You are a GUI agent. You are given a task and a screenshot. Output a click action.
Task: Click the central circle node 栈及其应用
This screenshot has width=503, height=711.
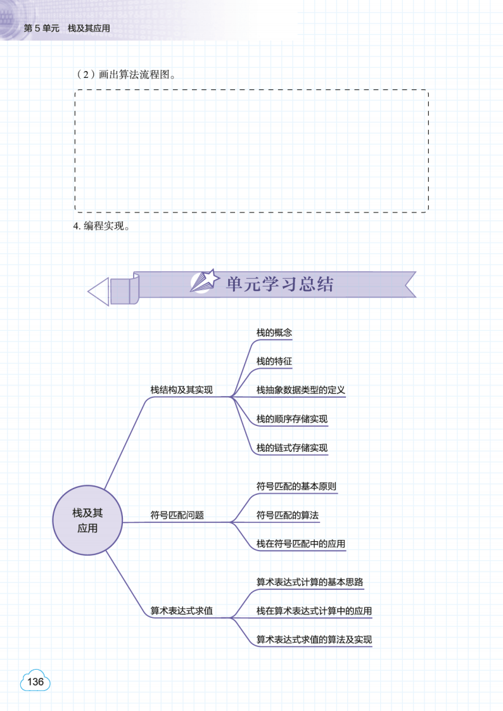[x=87, y=520]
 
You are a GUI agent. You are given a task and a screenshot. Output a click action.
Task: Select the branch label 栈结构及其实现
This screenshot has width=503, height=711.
[x=181, y=390]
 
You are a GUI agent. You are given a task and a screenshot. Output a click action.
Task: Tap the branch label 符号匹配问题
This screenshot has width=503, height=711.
[x=177, y=515]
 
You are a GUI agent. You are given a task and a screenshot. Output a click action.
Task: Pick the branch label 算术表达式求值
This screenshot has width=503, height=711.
[x=181, y=612]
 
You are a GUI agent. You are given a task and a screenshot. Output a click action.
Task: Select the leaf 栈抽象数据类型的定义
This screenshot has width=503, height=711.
[x=300, y=390]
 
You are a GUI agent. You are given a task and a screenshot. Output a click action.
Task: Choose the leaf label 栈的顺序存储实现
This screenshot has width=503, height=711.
[x=291, y=419]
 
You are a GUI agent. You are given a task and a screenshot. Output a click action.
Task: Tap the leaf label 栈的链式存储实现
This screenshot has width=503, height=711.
[x=291, y=448]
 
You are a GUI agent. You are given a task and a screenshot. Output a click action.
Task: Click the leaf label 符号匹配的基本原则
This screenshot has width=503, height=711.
[x=296, y=487]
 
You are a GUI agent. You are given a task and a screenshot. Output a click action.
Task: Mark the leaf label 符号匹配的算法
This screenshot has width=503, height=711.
[x=287, y=515]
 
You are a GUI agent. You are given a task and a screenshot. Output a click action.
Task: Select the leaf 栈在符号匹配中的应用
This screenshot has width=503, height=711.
[x=300, y=544]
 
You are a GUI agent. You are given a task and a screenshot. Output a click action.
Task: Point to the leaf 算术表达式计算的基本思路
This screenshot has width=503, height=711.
[x=309, y=582]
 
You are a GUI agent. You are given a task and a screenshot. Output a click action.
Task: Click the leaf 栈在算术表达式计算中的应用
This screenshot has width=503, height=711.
[x=314, y=612]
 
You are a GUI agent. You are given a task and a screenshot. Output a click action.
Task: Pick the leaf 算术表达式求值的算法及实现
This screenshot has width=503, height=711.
[x=314, y=640]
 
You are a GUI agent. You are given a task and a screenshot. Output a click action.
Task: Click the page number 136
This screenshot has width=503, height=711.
[x=35, y=682]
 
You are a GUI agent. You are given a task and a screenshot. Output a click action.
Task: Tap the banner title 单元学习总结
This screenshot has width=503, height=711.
[x=279, y=285]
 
